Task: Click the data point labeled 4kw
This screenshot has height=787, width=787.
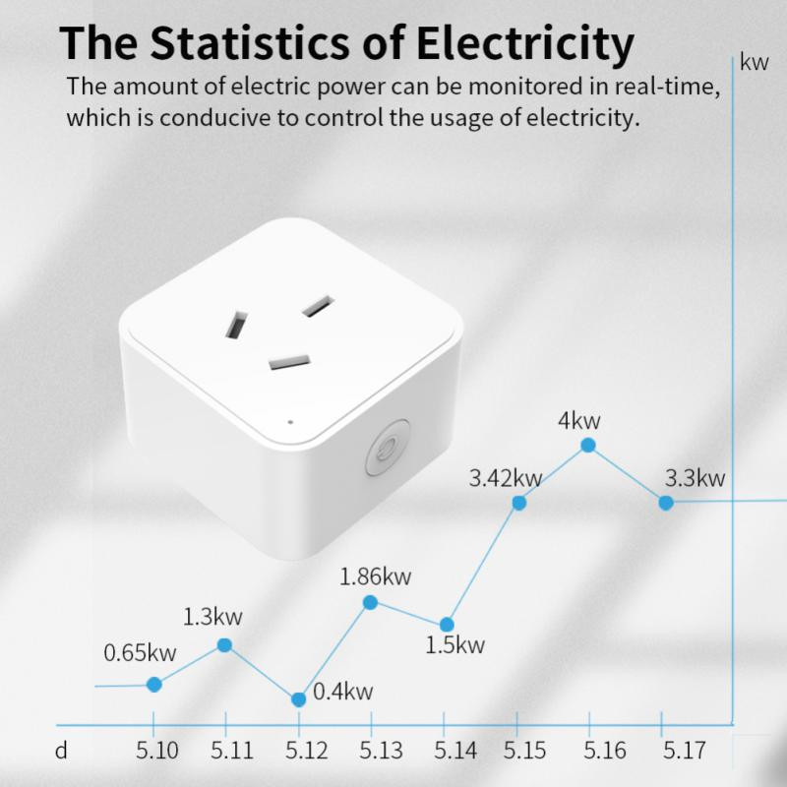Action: click(588, 445)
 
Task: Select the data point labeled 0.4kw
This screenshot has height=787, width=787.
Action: click(299, 699)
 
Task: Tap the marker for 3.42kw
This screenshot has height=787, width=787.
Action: click(519, 503)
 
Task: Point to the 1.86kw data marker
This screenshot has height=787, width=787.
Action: click(371, 602)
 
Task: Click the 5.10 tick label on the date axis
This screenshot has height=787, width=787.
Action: click(155, 752)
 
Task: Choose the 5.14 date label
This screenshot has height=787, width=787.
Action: click(456, 752)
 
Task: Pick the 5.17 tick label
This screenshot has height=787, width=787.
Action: click(684, 752)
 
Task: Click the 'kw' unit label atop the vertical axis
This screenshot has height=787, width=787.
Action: click(754, 64)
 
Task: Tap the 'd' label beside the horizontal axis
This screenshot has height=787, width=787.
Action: click(61, 752)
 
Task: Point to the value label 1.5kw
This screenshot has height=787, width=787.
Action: click(455, 646)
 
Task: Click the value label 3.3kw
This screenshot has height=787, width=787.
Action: click(695, 479)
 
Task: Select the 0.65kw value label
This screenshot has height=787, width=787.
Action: click(141, 652)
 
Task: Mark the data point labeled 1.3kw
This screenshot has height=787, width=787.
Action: click(224, 645)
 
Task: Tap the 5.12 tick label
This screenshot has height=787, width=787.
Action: click(307, 752)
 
